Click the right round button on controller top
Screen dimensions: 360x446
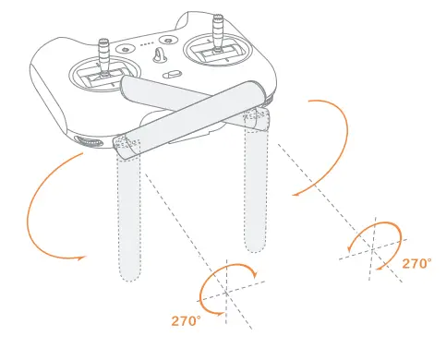170,40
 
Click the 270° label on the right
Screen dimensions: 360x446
416,263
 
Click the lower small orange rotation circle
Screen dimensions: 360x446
227,286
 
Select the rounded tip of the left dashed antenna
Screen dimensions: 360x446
129,275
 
